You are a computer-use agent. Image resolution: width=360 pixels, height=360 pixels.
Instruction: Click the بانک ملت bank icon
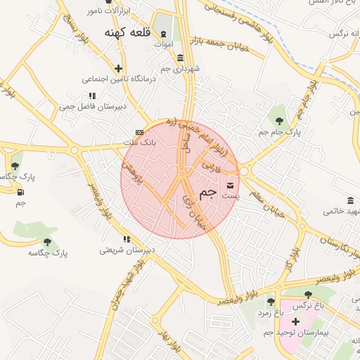click(x=139, y=131)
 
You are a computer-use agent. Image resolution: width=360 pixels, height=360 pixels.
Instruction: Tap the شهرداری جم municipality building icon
click(x=181, y=58)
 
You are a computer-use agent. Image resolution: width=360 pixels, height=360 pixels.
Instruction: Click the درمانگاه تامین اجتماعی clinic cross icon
click(x=118, y=69)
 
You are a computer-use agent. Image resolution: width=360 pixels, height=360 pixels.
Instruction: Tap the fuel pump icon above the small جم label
click(x=20, y=192)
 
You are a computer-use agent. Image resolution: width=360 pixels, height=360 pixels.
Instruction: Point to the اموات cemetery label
click(x=162, y=44)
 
